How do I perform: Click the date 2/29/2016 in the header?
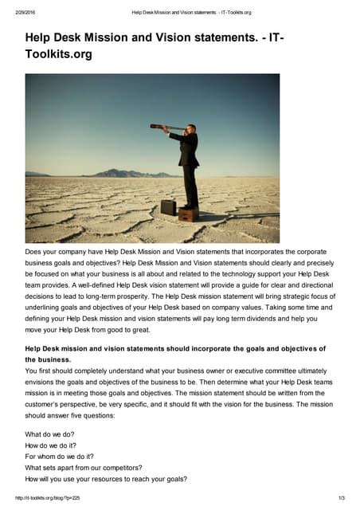(16, 12)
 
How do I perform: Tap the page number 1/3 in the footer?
(341, 498)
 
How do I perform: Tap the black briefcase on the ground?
(168, 207)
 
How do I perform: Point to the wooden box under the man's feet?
(189, 214)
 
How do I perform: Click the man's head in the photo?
(190, 128)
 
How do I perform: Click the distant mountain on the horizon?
(119, 172)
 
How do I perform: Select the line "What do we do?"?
(51, 434)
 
